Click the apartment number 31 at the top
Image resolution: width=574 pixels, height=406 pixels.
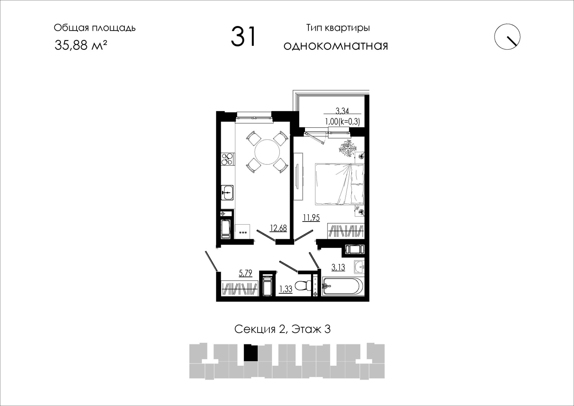click(x=243, y=37)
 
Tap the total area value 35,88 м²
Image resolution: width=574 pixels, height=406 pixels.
click(x=81, y=46)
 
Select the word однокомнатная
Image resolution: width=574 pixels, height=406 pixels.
click(x=336, y=46)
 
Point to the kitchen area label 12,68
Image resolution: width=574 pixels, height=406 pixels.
click(x=278, y=228)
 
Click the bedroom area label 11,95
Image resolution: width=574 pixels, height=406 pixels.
click(x=311, y=218)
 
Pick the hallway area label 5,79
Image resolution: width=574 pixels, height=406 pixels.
click(x=246, y=273)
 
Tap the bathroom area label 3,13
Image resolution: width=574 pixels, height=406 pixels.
click(x=338, y=267)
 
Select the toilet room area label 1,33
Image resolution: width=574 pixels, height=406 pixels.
click(x=285, y=289)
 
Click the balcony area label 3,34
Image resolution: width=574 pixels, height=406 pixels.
click(x=342, y=111)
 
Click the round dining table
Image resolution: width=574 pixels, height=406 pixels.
click(x=267, y=152)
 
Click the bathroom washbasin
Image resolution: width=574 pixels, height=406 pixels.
click(x=360, y=267)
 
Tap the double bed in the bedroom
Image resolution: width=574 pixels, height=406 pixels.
click(x=339, y=184)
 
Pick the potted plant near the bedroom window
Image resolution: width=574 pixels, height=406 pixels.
click(x=348, y=148)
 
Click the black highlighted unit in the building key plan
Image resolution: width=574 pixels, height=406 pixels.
click(x=251, y=353)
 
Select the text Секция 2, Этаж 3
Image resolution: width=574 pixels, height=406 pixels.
click(x=282, y=329)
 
